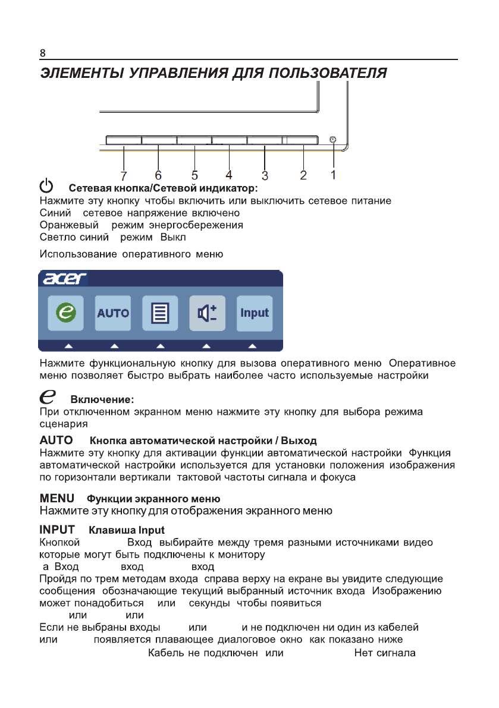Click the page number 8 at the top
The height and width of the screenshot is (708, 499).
[x=42, y=53]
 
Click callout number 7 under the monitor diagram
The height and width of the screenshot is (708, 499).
[x=123, y=175]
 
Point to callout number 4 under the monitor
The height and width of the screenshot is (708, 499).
[x=228, y=175]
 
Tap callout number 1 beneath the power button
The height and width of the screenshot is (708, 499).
[x=334, y=175]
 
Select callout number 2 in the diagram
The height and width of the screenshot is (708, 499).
[x=303, y=175]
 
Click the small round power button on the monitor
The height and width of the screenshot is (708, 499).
[x=333, y=140]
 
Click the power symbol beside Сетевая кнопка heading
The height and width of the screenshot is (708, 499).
[x=47, y=187]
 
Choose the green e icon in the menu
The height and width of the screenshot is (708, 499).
[x=65, y=313]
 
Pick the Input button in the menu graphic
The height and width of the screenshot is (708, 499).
[x=255, y=313]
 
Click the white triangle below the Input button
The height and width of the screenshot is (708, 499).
[x=253, y=345]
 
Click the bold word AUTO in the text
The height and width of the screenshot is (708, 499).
[x=56, y=440]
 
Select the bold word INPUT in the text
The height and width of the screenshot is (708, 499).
[x=57, y=529]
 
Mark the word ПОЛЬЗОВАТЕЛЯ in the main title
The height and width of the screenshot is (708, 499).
[x=328, y=74]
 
